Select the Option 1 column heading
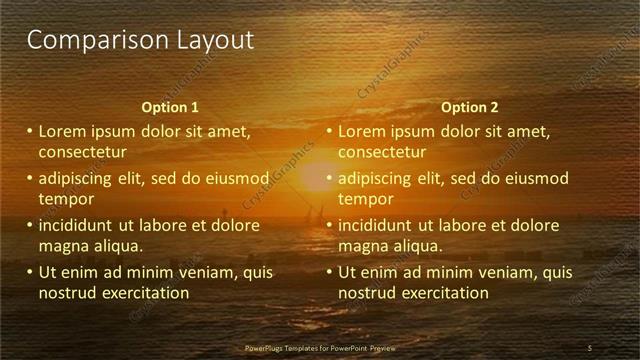click(170, 107)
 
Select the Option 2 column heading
click(469, 107)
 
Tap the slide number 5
click(590, 347)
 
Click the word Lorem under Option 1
click(63, 131)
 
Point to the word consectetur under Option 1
click(83, 153)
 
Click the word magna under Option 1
click(64, 246)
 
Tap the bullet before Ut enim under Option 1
click(29, 272)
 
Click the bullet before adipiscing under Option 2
click(329, 179)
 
